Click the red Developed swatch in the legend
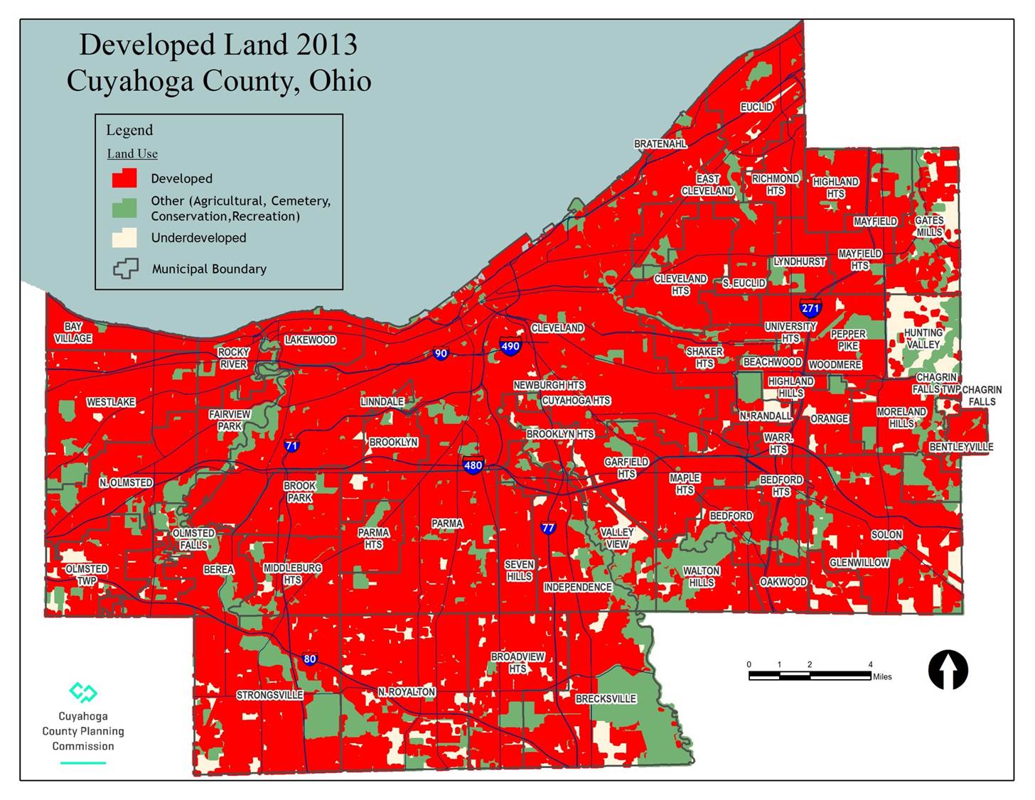[124, 178]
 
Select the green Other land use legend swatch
[124, 207]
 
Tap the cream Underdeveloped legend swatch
[124, 238]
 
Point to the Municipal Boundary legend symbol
[125, 269]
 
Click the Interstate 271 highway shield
[810, 308]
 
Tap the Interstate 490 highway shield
[510, 346]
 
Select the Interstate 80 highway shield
[309, 659]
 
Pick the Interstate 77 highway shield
[547, 528]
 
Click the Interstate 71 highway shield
[291, 446]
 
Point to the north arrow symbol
[948, 669]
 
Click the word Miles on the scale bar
[882, 676]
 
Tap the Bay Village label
[73, 333]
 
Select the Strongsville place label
[269, 695]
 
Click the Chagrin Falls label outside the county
[982, 396]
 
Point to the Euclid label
[756, 107]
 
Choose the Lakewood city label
[310, 340]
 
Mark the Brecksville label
[606, 699]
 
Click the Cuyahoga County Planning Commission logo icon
[82, 691]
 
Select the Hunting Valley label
[923, 338]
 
